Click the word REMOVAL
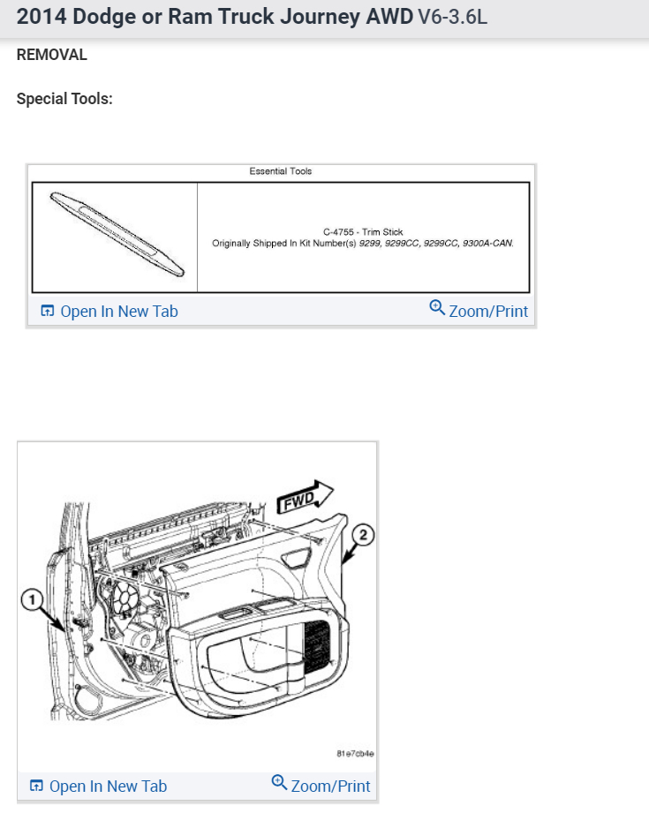52,55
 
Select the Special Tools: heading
64,99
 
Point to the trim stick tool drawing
114,236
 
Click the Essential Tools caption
281,171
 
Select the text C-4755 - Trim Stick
363,232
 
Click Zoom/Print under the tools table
487,311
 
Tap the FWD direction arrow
305,499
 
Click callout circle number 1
33,601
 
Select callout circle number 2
362,534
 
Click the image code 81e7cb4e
355,754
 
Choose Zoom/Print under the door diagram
330,786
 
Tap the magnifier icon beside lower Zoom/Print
279,783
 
